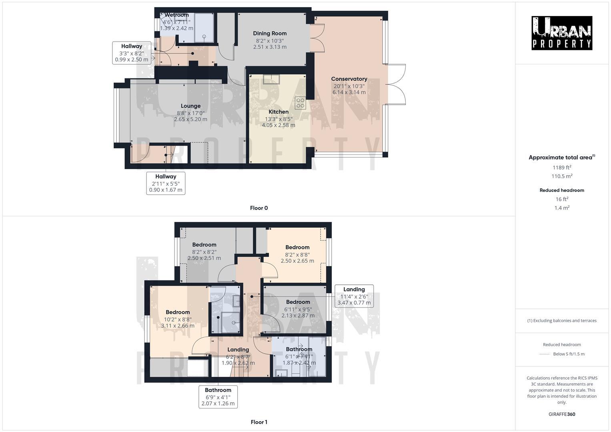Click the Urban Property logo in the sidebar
pyautogui.click(x=561, y=33)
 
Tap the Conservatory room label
pyautogui.click(x=349, y=79)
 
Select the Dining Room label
pyautogui.click(x=270, y=34)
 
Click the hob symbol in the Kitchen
pyautogui.click(x=300, y=103)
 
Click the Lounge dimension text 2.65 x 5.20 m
pyautogui.click(x=190, y=119)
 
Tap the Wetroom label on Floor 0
pyautogui.click(x=176, y=15)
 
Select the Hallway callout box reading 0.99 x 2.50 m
pyautogui.click(x=132, y=53)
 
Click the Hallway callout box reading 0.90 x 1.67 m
pyautogui.click(x=166, y=183)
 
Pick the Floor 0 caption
pyautogui.click(x=259, y=208)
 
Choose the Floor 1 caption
pyautogui.click(x=259, y=422)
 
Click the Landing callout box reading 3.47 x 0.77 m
pyautogui.click(x=354, y=296)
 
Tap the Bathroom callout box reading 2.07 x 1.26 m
pyautogui.click(x=218, y=397)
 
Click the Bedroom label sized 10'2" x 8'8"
pyautogui.click(x=178, y=312)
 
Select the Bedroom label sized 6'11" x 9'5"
pyautogui.click(x=298, y=302)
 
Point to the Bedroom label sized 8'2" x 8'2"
pyautogui.click(x=204, y=245)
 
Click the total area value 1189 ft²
pyautogui.click(x=562, y=168)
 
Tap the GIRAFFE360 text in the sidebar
pyautogui.click(x=562, y=414)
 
